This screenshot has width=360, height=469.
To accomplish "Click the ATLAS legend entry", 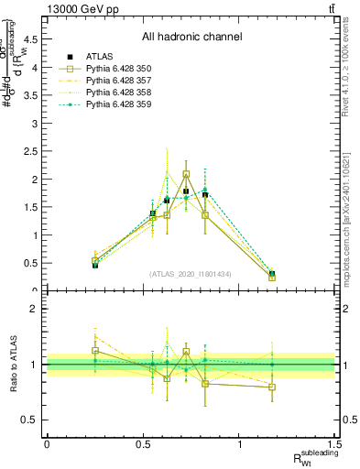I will pyautogui.click(x=100, y=57).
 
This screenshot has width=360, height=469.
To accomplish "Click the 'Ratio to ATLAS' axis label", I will pyautogui.click(x=16, y=365).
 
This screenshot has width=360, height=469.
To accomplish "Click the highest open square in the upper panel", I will pyautogui.click(x=186, y=174).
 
